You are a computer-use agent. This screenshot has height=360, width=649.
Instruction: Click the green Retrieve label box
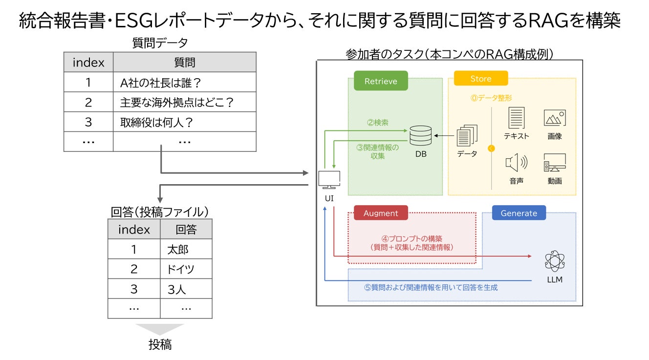pos(381,81)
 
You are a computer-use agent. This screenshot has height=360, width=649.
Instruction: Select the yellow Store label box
pos(481,78)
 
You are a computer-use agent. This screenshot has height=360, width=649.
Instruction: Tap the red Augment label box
pos(381,213)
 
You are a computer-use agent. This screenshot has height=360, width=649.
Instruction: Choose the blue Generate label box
pos(519,213)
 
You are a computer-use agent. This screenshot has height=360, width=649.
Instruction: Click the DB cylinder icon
pos(420,135)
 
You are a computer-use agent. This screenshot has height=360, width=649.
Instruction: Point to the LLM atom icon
pos(555,261)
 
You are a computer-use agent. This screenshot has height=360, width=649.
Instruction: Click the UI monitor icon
pos(329,180)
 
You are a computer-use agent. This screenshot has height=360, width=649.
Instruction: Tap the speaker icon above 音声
pos(516,163)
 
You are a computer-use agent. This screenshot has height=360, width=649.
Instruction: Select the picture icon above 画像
pos(555,118)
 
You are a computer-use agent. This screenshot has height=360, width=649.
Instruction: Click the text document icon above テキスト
pos(516,118)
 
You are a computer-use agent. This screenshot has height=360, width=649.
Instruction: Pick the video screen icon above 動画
pos(555,163)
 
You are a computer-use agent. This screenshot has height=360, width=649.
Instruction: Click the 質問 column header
pos(185,62)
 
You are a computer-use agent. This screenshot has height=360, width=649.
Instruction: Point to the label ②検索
pos(377,123)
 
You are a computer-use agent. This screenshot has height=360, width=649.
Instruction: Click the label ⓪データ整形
pos(491,98)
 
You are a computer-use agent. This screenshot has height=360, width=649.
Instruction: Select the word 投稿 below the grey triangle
pos(160,345)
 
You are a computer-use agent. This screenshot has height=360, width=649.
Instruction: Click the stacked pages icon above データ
pos(467,135)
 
